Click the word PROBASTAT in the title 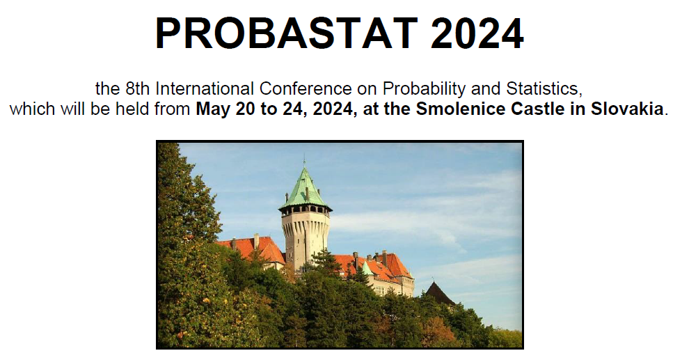[287, 33]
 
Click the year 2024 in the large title [477, 33]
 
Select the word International [205, 89]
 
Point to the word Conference [306, 89]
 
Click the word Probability [423, 90]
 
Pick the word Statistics [544, 89]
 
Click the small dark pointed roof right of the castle [438, 295]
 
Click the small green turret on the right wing [367, 268]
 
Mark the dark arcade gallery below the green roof [306, 210]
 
